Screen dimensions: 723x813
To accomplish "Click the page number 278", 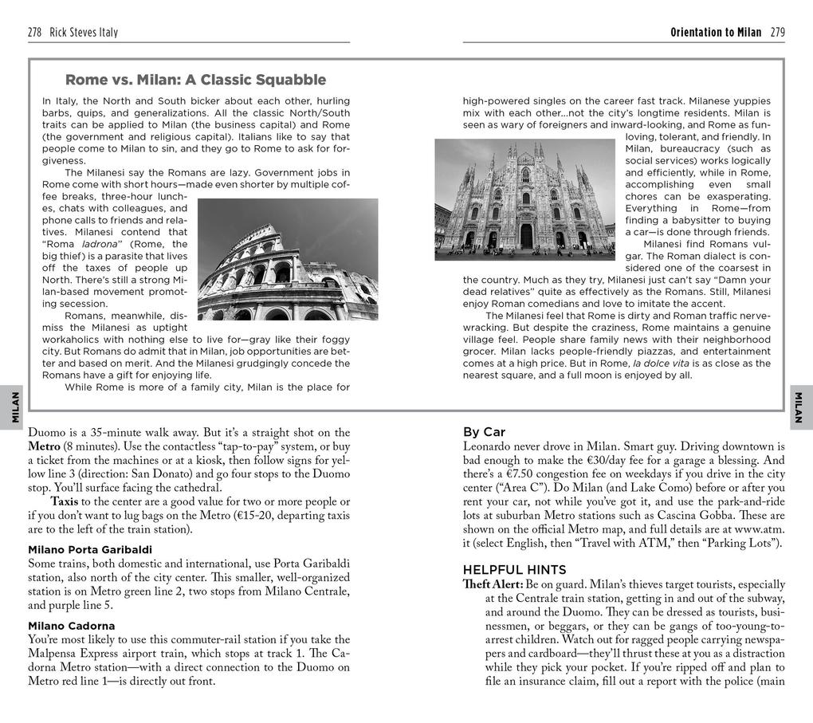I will click(35, 33).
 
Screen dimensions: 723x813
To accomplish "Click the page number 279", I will click(777, 33).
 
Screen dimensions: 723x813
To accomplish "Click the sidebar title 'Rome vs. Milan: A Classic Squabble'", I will click(195, 80).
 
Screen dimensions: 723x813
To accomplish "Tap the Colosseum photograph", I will click(288, 260).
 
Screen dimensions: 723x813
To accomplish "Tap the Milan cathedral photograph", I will click(524, 199).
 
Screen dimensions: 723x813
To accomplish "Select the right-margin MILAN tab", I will click(800, 407).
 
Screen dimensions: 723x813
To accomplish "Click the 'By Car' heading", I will click(484, 432).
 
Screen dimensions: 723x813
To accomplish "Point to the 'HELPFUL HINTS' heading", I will click(515, 570).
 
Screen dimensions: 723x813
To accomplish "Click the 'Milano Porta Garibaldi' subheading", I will click(90, 550).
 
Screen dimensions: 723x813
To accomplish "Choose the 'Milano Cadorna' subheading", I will click(72, 626).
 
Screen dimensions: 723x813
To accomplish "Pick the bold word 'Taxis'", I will click(65, 501).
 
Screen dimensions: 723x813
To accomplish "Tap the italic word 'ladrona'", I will click(100, 244).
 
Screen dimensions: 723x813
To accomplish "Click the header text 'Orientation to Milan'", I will click(716, 33).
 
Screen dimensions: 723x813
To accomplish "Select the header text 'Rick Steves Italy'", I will click(84, 33).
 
